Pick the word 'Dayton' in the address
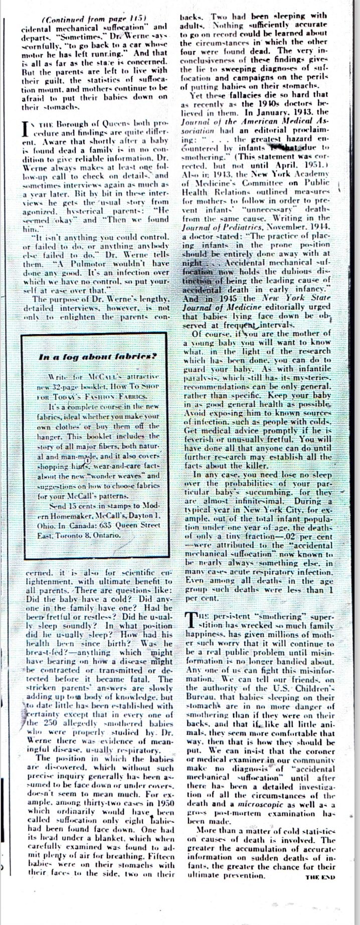click(144, 516)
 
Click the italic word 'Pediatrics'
click(230, 227)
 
